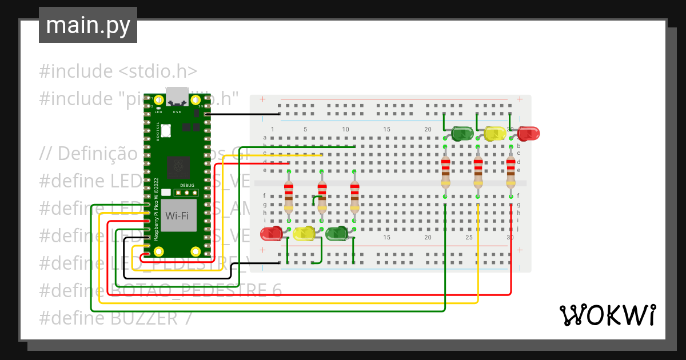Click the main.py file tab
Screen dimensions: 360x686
(87, 26)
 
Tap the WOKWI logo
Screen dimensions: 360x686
(607, 315)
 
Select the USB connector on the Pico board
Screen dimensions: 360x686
(177, 97)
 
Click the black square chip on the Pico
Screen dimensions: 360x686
(178, 167)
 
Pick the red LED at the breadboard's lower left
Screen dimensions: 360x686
(272, 233)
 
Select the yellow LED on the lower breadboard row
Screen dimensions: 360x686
(304, 233)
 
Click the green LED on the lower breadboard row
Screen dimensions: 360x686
(337, 233)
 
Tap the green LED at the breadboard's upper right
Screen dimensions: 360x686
(462, 134)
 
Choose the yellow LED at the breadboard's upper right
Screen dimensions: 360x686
(494, 134)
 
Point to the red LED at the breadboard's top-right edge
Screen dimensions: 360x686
(528, 134)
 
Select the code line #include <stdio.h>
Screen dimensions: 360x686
(118, 71)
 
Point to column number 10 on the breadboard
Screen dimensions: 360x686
(345, 130)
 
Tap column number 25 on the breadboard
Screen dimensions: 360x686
(469, 237)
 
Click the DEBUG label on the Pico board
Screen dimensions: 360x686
(187, 185)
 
